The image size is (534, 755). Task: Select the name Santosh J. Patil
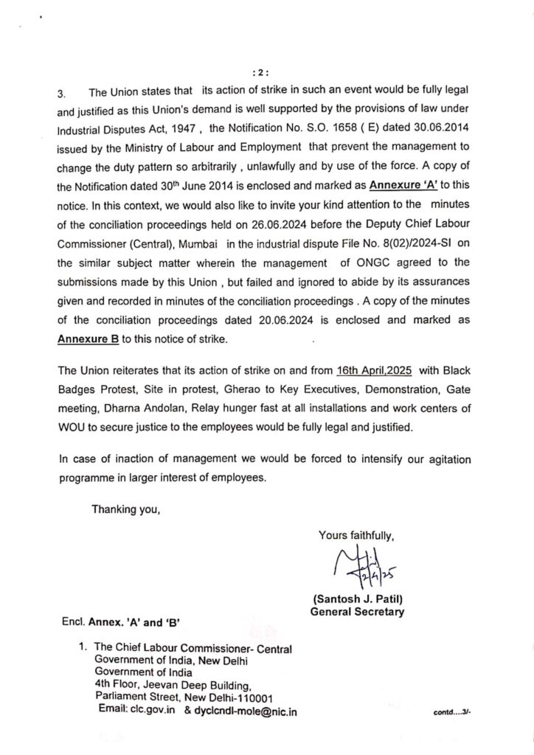coord(353,599)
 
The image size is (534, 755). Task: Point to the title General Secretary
coord(357,610)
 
